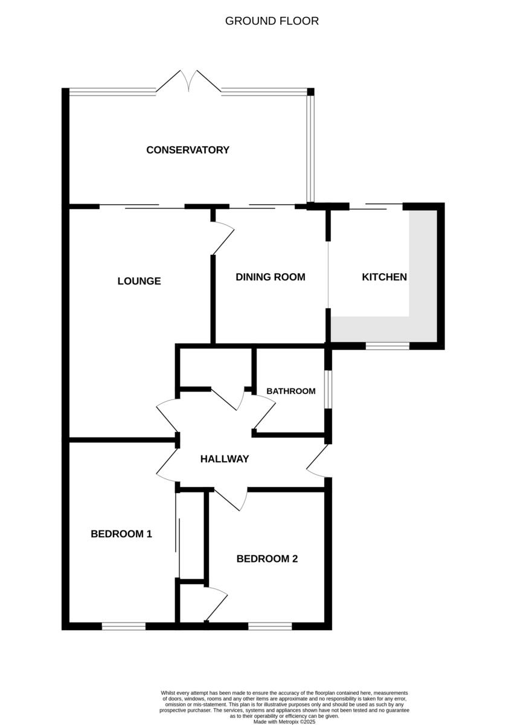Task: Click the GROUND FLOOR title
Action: tap(272, 21)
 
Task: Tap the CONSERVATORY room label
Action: tap(188, 150)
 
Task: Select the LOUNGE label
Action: tap(139, 281)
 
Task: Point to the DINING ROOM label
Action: tap(270, 277)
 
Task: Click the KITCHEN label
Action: tap(384, 277)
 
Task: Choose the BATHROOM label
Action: tap(291, 391)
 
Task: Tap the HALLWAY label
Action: tap(225, 459)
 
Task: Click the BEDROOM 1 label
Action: tap(121, 534)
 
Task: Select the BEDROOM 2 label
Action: tap(267, 559)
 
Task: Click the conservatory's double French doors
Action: tap(190, 82)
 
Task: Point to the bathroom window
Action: tap(328, 390)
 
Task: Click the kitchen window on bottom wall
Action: tap(388, 346)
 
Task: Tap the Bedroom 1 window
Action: tap(124, 627)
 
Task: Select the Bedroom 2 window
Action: tap(270, 627)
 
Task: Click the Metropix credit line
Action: tap(284, 721)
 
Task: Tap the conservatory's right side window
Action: tap(310, 148)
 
